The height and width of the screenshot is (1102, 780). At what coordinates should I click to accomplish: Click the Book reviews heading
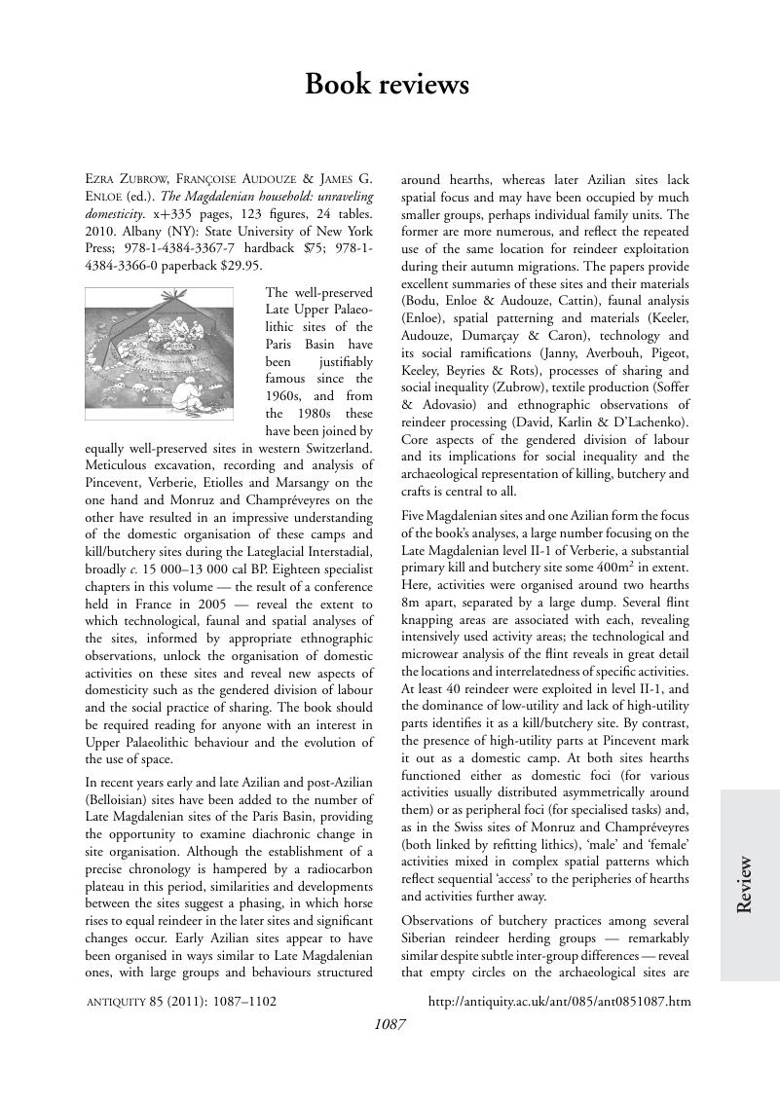point(387,85)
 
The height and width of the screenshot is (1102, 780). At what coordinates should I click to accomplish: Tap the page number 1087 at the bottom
point(390,1023)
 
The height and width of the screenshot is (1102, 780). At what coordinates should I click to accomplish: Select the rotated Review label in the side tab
point(745,883)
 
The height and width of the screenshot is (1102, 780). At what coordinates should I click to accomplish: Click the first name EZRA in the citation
point(104,180)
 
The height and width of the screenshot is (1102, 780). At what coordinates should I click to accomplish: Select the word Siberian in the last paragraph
point(433,937)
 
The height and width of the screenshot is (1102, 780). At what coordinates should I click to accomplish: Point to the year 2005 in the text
point(208,605)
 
